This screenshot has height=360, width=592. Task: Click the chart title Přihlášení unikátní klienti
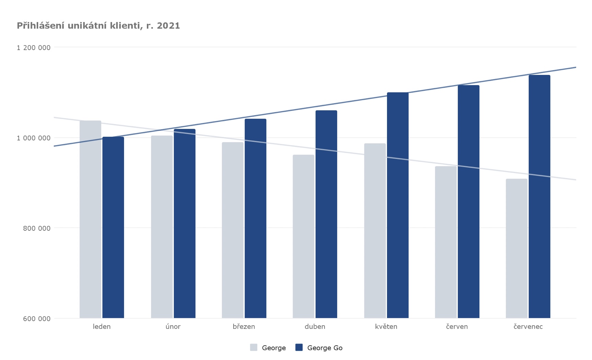[79, 26]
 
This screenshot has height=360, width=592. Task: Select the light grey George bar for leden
[90, 219]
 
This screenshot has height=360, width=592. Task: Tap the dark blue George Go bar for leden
[113, 227]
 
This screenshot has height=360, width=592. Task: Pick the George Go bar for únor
[184, 223]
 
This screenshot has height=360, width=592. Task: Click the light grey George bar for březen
[232, 230]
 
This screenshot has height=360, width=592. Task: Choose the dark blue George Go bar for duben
[326, 214]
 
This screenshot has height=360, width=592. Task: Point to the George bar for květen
[375, 230]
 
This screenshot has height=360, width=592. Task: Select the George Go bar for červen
[468, 202]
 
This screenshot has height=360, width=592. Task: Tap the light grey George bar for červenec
[516, 248]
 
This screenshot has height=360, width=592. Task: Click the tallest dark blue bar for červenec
[539, 196]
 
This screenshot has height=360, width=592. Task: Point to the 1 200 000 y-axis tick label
[34, 47]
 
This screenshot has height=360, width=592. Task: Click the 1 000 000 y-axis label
[34, 138]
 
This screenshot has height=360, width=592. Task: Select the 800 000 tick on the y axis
[37, 228]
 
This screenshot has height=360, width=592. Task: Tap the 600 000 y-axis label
[37, 318]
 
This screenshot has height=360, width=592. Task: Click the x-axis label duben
[315, 326]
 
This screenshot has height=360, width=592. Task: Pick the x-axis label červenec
[528, 326]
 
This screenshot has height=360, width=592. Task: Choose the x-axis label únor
[173, 326]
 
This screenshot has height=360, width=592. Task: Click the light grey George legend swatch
[254, 347]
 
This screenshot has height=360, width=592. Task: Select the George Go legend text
[325, 348]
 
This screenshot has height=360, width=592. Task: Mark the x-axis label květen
[386, 326]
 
